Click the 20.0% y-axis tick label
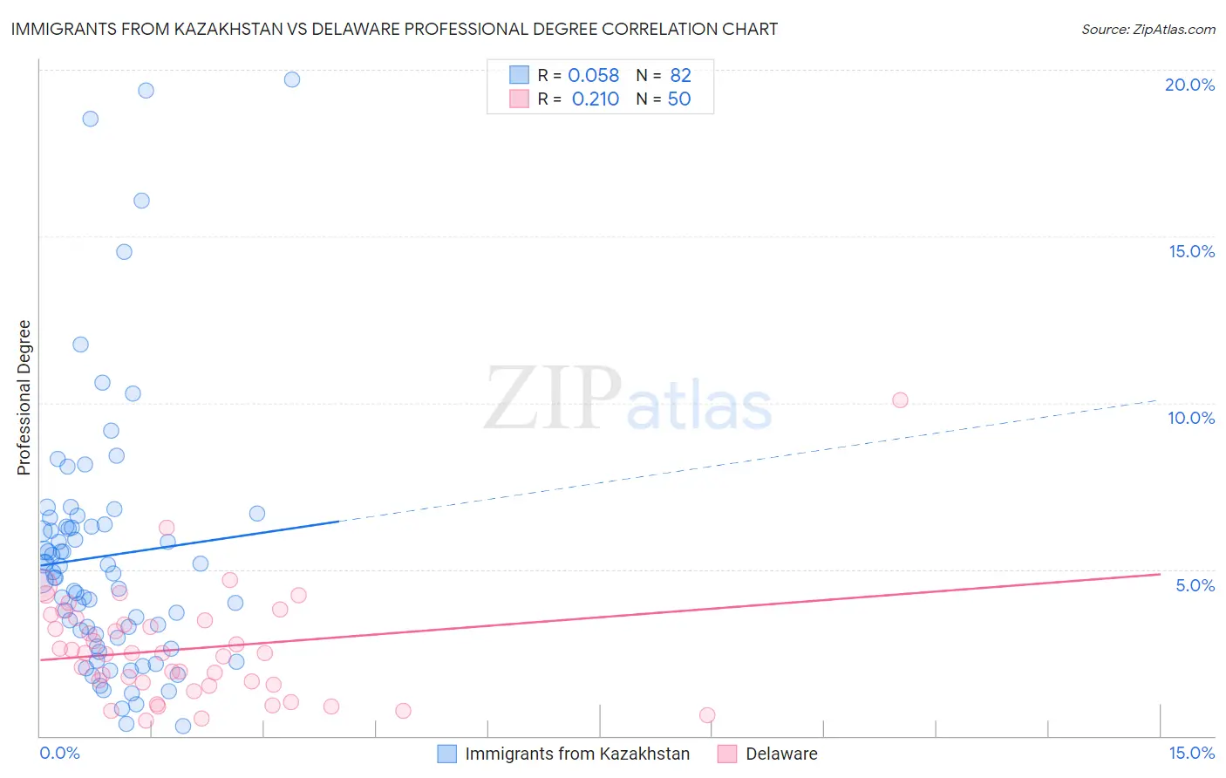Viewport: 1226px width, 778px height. [1189, 85]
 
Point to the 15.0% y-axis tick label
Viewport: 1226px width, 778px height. [1191, 251]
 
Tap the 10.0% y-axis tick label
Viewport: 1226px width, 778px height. [1191, 418]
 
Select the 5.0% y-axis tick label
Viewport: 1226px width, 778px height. [1195, 585]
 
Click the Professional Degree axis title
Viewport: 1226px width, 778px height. [24, 398]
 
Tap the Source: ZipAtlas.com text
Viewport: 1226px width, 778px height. [1148, 29]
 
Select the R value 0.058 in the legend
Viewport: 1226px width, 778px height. [593, 76]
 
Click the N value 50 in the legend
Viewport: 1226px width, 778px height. [679, 99]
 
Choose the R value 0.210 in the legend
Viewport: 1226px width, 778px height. [596, 99]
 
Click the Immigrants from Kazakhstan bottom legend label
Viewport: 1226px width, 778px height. [577, 754]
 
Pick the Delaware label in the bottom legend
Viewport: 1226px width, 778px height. [781, 754]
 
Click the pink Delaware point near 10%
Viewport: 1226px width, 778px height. [900, 400]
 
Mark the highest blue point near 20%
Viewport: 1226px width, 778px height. [292, 79]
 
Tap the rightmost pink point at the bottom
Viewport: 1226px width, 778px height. [707, 715]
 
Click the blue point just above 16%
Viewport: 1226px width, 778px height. [141, 201]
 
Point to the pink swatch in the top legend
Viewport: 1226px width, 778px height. [519, 99]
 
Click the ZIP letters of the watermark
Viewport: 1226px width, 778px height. [553, 399]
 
